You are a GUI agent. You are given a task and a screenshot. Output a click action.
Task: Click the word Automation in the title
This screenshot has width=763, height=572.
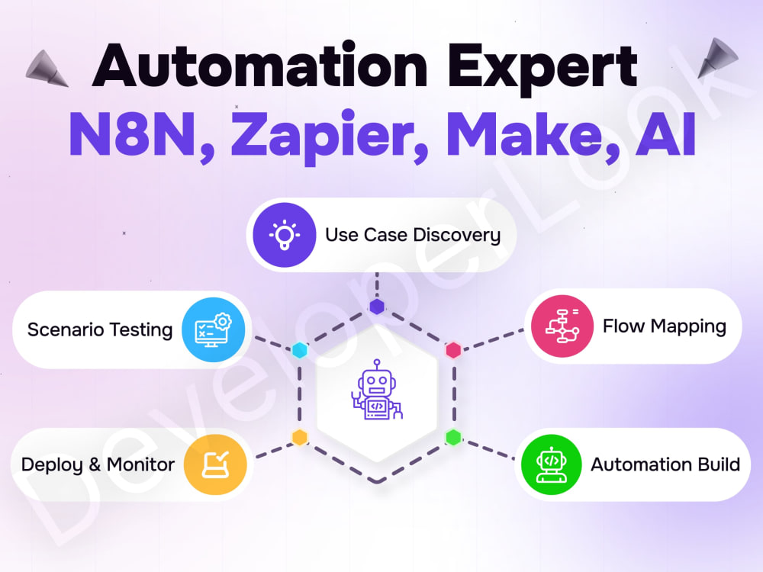coord(260,65)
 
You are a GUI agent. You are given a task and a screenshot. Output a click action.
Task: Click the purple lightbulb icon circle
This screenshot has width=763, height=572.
coord(284,235)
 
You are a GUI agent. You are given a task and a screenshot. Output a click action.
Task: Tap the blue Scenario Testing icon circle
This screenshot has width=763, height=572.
coord(214,329)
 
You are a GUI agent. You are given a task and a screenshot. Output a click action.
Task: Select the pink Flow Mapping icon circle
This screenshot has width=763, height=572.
coord(562,326)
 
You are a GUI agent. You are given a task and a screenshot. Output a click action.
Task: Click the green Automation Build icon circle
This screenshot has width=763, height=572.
coord(552,464)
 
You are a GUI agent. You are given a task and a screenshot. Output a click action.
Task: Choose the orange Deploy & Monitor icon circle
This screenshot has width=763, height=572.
coord(215,464)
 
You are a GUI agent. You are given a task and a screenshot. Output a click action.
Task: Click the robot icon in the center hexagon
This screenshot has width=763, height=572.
coord(377,390)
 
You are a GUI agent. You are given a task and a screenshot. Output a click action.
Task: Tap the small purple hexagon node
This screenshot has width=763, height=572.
coord(377,307)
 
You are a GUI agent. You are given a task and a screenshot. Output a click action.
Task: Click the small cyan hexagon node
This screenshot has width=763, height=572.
coord(300,350)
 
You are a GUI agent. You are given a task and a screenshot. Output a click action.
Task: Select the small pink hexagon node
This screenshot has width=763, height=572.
coord(453,350)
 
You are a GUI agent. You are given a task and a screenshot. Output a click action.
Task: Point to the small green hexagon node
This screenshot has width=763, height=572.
coord(453,437)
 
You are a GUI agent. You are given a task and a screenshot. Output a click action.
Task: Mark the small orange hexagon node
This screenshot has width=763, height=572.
coord(300,437)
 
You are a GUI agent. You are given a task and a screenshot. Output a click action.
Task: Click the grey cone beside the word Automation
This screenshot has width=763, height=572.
coord(47,69)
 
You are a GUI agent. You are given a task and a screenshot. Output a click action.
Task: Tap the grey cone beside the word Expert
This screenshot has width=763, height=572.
coord(716,57)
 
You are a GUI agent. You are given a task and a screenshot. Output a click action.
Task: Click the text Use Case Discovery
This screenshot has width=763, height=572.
coord(413,236)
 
